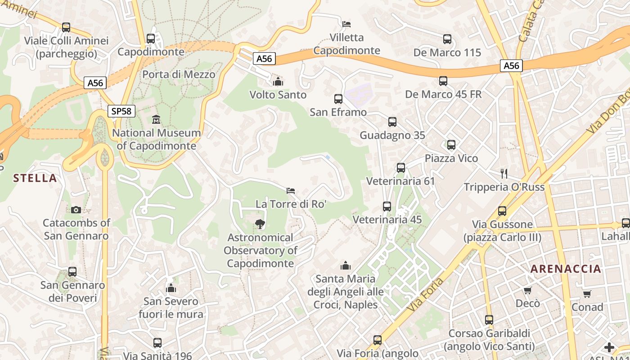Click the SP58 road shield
click(x=121, y=111)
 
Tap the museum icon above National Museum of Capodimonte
click(x=156, y=120)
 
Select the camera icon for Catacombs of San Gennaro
click(x=76, y=210)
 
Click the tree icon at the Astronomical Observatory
click(x=260, y=224)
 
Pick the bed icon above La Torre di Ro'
click(x=291, y=191)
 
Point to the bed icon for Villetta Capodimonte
click(x=346, y=24)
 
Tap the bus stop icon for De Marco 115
click(x=447, y=39)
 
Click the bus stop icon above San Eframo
click(x=338, y=99)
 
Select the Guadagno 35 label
click(x=392, y=135)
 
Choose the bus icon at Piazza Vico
click(x=451, y=145)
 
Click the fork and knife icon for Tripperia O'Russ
click(x=504, y=173)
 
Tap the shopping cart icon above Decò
click(x=527, y=290)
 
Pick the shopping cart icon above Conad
click(x=587, y=294)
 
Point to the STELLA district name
click(x=35, y=178)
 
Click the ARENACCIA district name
click(x=566, y=269)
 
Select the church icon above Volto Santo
click(x=278, y=81)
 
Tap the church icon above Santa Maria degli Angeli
click(x=346, y=265)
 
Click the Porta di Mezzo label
click(x=179, y=74)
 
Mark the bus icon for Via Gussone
click(x=502, y=211)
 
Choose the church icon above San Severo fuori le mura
click(x=171, y=288)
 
